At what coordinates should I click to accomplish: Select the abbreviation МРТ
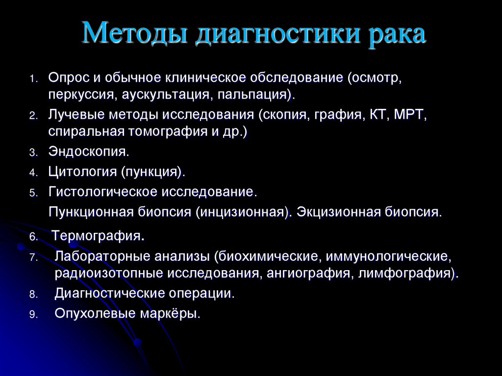411,115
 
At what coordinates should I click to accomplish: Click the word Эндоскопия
89,151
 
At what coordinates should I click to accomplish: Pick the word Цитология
83,172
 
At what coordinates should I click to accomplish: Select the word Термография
98,236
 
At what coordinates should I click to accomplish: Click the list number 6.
33,238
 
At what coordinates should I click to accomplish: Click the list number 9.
33,315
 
